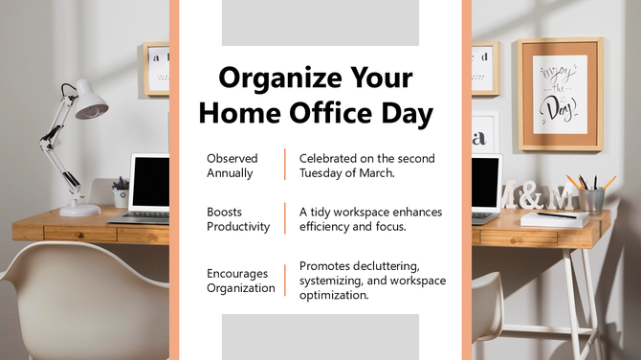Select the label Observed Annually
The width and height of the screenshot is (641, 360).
coord(232,166)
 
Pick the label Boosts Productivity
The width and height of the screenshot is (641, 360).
coord(238,219)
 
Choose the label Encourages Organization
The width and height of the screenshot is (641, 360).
coord(241,281)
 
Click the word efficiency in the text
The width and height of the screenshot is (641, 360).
coord(326,227)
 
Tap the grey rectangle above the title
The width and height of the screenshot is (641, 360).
coord(320,23)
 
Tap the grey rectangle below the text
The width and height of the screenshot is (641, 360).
coord(320,336)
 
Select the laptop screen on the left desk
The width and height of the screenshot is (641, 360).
coord(151,181)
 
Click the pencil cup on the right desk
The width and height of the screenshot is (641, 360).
coord(592,198)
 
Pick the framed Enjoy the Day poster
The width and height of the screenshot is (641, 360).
coord(560,94)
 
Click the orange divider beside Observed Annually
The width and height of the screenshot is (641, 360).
coord(285,165)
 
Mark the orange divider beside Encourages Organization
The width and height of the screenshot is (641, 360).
coord(285,281)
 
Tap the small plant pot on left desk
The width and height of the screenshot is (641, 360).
coord(122,196)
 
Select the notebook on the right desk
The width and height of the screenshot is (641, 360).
coord(556,218)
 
